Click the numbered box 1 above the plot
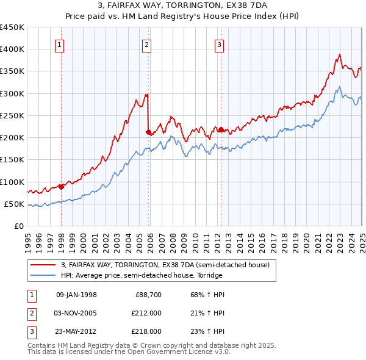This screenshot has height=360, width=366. coord(60,44)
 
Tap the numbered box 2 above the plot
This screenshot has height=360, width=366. coord(148,44)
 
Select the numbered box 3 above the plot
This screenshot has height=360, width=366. coord(219,44)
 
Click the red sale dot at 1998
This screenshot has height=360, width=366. coord(62,187)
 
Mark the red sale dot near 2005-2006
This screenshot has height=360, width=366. coord(149,132)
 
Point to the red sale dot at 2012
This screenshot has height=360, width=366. coord(221,129)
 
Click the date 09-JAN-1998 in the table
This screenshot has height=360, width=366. coord(76,295)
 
